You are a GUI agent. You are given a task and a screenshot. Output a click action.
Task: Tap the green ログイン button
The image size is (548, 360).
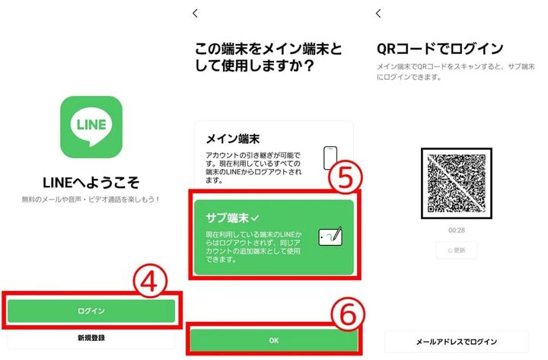91,311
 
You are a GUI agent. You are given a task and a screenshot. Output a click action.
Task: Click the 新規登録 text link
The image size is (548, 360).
91,337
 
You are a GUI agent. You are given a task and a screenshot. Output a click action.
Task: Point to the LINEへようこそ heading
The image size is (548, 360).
91,183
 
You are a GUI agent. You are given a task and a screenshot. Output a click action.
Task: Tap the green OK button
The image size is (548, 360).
274,339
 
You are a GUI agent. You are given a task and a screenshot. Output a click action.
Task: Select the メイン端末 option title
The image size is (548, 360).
233,139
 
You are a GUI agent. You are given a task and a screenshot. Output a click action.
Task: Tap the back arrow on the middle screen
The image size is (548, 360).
196,13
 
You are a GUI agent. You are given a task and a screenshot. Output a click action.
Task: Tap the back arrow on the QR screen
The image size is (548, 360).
378,13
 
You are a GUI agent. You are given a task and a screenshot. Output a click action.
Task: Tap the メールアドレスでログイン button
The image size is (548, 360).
456,341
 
